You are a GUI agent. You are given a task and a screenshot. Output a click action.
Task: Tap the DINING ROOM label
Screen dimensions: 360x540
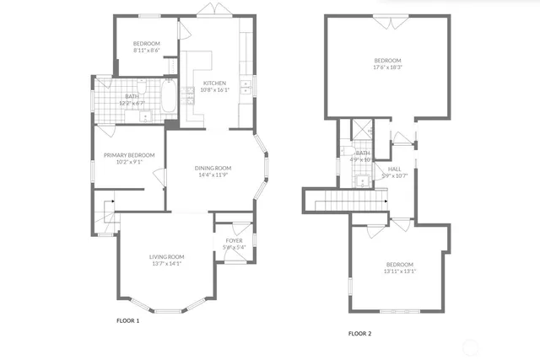coord(213,168)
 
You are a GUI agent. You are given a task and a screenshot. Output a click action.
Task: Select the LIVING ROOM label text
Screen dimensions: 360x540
coord(166,256)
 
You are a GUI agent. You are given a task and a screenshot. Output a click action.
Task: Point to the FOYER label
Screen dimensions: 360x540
coord(234,240)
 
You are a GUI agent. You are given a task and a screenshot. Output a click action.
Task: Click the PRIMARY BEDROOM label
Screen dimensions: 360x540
coord(128,155)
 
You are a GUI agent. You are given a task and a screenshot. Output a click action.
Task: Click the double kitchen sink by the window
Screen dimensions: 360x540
coord(247,84)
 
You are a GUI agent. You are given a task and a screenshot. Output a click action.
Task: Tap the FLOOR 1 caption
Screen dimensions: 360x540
coord(127,321)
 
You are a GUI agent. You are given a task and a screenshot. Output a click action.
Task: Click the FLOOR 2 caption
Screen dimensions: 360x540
coord(360,333)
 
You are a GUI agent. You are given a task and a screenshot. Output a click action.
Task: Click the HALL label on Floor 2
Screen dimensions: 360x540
coord(394,169)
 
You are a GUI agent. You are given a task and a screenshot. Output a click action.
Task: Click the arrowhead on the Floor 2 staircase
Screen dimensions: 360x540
coord(385,201)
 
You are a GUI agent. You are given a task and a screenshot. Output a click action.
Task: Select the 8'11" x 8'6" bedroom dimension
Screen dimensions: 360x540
coord(145,51)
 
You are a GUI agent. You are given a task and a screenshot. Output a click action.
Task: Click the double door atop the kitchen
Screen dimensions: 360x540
coord(208,10)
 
